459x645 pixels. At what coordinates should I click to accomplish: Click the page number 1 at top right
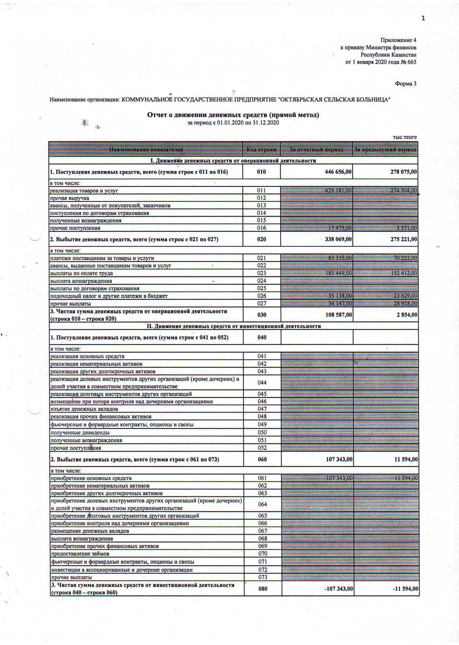[423, 18]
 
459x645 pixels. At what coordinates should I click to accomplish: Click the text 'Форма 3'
[406, 84]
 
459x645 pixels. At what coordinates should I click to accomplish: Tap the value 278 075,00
[404, 172]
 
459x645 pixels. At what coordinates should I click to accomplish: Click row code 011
[261, 190]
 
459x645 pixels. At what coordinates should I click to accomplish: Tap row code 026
[261, 296]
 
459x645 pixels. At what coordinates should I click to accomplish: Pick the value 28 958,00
[405, 303]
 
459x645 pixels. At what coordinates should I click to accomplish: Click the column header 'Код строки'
[261, 150]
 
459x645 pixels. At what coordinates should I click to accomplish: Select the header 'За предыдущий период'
[385, 150]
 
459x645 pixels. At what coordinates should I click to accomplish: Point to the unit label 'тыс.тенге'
[405, 137]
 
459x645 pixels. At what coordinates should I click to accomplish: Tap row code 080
[263, 589]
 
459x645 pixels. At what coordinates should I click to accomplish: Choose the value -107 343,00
[339, 589]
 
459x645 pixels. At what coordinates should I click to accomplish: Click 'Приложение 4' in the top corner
[398, 40]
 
